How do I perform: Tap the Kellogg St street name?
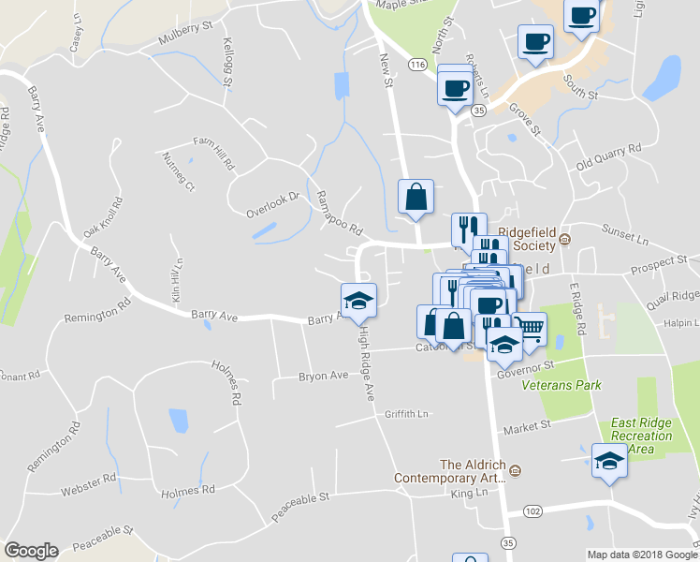[228, 63]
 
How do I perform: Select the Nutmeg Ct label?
[177, 171]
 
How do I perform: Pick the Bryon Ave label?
[323, 376]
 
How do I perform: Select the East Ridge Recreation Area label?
[641, 436]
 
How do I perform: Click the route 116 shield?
[417, 63]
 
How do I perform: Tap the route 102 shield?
[532, 510]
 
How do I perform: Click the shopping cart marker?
[529, 330]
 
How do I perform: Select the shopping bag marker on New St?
[416, 198]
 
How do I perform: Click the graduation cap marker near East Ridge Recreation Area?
[609, 462]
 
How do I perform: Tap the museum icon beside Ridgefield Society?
[564, 241]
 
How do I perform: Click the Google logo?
[31, 550]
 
